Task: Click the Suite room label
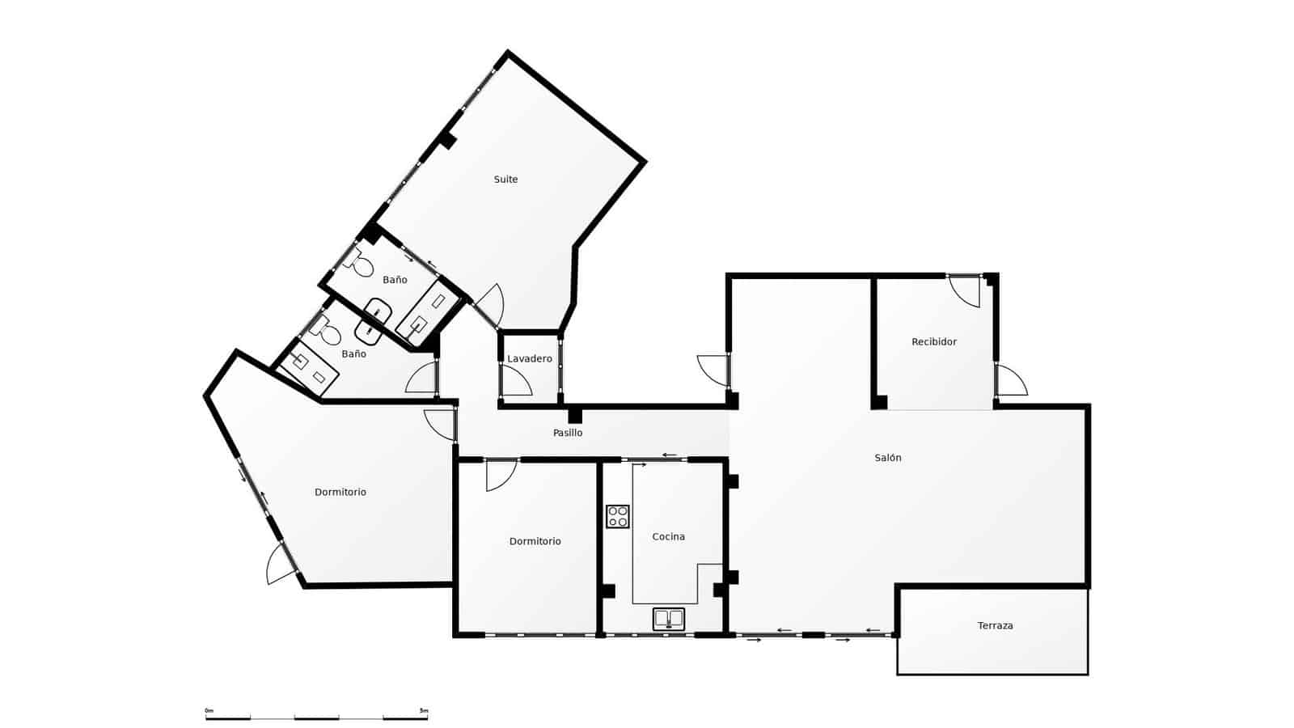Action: pos(505,180)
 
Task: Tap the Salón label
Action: pos(887,458)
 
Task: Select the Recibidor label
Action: pos(933,342)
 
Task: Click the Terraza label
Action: pos(995,626)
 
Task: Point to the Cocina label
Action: pos(668,537)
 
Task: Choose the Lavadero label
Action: pos(530,359)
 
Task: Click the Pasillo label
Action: pos(568,434)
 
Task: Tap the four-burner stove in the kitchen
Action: pos(618,517)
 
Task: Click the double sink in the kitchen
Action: pos(669,620)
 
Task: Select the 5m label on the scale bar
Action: pos(423,711)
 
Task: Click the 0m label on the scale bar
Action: pos(209,711)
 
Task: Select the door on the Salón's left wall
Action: pos(713,370)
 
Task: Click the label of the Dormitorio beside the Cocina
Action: pos(535,542)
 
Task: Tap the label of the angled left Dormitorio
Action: pos(340,493)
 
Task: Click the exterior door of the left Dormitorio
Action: pos(282,563)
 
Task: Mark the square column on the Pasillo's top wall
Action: pos(574,416)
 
